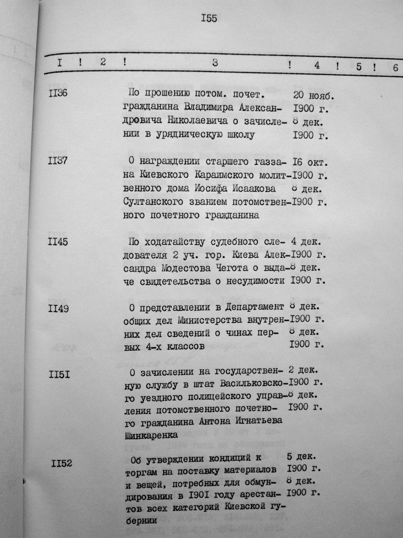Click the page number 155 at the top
(209, 19)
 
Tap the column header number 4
(317, 66)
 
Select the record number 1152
(61, 463)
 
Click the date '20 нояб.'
(313, 96)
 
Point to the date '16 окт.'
(311, 162)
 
